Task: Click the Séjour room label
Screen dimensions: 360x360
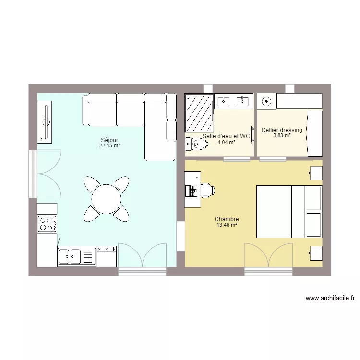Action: click(x=109, y=140)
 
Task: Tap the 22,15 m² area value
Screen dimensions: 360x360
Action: click(x=109, y=145)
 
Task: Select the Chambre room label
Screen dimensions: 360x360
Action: click(x=227, y=219)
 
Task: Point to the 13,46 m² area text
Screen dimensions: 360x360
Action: click(x=227, y=225)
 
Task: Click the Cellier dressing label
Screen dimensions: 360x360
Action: click(x=282, y=130)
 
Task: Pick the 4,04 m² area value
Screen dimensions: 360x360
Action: click(x=226, y=142)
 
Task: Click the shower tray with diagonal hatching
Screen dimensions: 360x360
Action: click(x=199, y=112)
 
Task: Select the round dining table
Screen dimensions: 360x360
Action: click(x=107, y=198)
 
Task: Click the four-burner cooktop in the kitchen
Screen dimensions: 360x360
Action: click(x=47, y=223)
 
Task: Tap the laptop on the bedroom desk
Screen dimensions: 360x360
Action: click(x=192, y=190)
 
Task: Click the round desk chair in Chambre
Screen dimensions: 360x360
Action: click(x=207, y=190)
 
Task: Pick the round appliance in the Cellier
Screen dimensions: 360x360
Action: click(x=266, y=101)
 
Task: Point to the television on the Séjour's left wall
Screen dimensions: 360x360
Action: click(x=46, y=122)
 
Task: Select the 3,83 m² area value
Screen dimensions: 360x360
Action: click(x=282, y=135)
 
